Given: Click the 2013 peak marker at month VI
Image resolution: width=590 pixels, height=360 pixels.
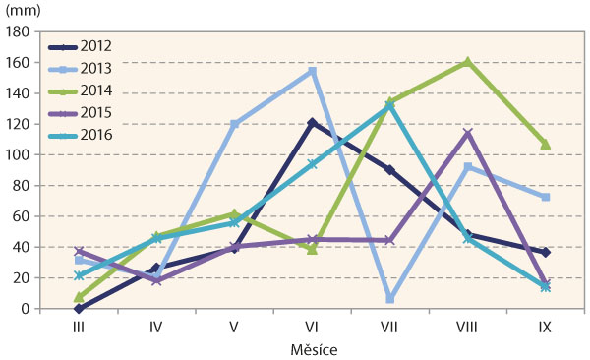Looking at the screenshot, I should click(x=312, y=71).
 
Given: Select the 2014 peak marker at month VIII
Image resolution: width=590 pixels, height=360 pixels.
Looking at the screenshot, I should click(x=467, y=62).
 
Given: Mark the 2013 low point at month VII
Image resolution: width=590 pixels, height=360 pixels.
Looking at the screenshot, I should click(x=389, y=298).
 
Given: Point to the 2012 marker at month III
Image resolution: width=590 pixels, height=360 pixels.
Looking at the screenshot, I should click(x=79, y=308).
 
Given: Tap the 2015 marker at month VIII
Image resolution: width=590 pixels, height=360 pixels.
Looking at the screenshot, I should click(x=467, y=133).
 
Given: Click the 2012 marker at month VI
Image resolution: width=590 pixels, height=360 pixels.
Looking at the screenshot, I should click(x=312, y=123).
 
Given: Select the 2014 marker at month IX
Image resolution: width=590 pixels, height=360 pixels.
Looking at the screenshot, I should click(x=545, y=144).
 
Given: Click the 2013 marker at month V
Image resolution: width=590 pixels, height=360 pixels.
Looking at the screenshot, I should click(x=234, y=124).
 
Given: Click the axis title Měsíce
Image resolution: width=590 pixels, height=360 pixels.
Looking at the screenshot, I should click(x=312, y=348).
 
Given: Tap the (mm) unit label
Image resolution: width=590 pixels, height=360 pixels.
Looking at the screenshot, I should click(x=25, y=10).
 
